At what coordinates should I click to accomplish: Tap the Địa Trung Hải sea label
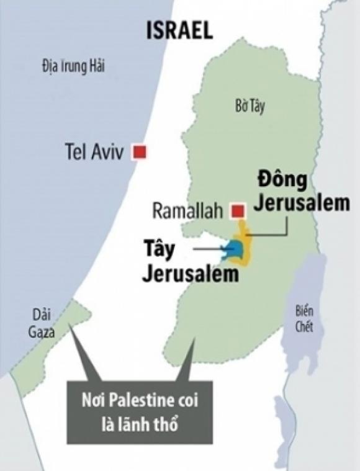[x=70, y=67]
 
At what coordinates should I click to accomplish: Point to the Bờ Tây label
[x=251, y=107]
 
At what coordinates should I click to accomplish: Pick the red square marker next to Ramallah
[x=236, y=211]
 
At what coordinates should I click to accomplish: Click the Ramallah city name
[x=187, y=212]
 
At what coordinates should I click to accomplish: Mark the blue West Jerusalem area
[x=236, y=250]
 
